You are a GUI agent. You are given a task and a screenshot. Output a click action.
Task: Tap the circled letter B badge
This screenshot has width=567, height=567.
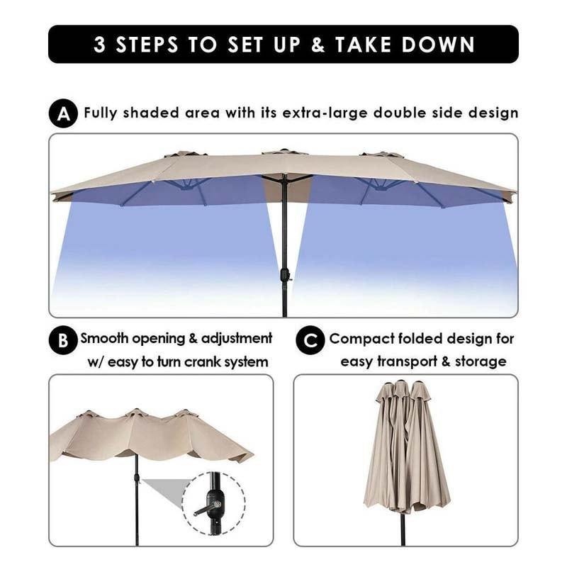63,341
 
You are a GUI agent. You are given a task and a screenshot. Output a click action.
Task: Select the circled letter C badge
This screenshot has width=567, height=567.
310,341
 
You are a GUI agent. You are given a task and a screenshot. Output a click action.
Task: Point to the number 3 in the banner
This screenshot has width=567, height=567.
100,45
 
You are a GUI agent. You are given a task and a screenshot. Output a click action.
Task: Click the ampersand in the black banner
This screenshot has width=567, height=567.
318,45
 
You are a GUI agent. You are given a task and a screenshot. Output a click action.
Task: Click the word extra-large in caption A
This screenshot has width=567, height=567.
324,113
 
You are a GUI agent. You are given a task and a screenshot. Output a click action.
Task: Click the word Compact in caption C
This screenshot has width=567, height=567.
361,339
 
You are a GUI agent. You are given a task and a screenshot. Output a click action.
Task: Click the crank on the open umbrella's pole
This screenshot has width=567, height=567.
286,275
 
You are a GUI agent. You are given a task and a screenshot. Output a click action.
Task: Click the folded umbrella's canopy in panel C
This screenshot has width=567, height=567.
407,447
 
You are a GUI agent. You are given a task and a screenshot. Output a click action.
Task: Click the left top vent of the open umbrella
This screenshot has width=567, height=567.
186,153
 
